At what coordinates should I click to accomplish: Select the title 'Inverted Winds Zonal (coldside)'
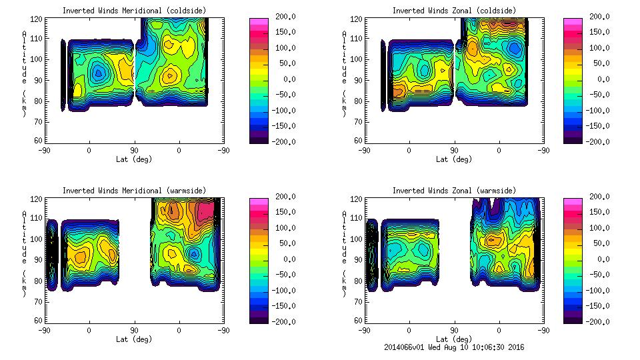tap(454, 11)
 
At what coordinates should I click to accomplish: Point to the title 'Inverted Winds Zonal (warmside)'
tap(454, 191)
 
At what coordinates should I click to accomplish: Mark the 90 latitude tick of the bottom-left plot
tap(134, 330)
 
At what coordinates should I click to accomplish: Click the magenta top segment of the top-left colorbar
tap(259, 21)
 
